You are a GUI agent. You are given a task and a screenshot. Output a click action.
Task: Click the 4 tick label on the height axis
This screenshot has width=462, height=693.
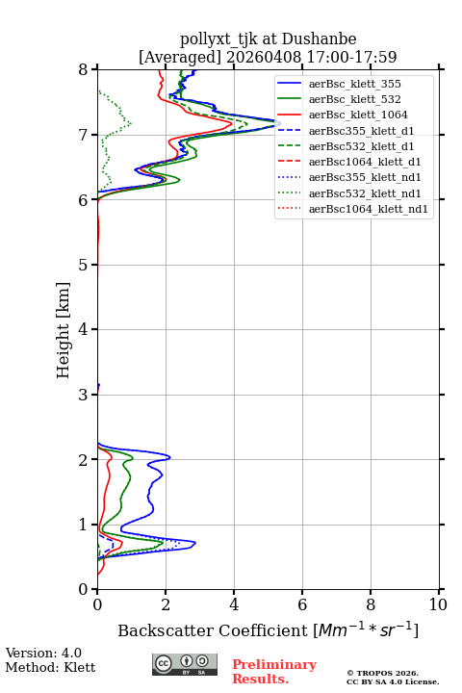84,329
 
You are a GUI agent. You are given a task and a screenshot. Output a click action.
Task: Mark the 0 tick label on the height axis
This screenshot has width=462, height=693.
84,589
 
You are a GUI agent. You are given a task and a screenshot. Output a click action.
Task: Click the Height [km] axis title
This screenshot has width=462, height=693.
64,330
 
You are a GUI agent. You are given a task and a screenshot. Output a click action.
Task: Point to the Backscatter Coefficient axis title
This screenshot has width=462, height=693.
269,630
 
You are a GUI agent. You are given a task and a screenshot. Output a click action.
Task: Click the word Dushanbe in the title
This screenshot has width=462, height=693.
319,39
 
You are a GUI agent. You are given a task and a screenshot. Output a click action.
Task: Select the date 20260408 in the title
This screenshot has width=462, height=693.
264,57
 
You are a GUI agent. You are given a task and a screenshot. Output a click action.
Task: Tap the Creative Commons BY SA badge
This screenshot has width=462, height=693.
185,664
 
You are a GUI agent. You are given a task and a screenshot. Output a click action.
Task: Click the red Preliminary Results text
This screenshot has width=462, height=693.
274,672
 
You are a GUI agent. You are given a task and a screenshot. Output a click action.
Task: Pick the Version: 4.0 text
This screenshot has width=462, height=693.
43,654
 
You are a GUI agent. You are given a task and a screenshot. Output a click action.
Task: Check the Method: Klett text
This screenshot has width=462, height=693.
50,667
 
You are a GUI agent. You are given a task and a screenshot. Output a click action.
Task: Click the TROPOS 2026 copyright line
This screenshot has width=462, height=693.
382,674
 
